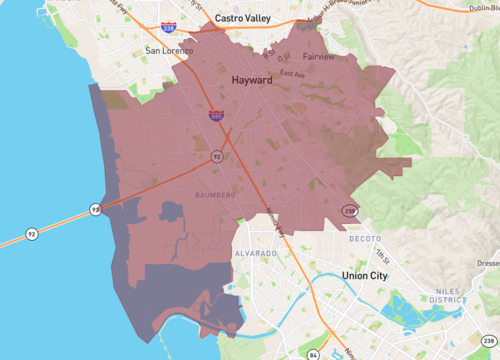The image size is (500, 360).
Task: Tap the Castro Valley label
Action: [x=236, y=17]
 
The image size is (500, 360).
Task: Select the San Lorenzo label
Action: [x=166, y=49]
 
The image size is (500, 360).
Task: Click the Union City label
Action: [x=369, y=274]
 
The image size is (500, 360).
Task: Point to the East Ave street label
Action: [x=292, y=73]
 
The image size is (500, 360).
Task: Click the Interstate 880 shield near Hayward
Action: [x=217, y=117]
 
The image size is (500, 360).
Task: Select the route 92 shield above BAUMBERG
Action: [x=216, y=157]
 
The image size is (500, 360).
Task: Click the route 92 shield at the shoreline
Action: [x=95, y=209]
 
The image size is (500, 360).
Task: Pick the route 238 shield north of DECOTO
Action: [x=349, y=211]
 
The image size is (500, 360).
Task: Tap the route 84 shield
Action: [x=314, y=354]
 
